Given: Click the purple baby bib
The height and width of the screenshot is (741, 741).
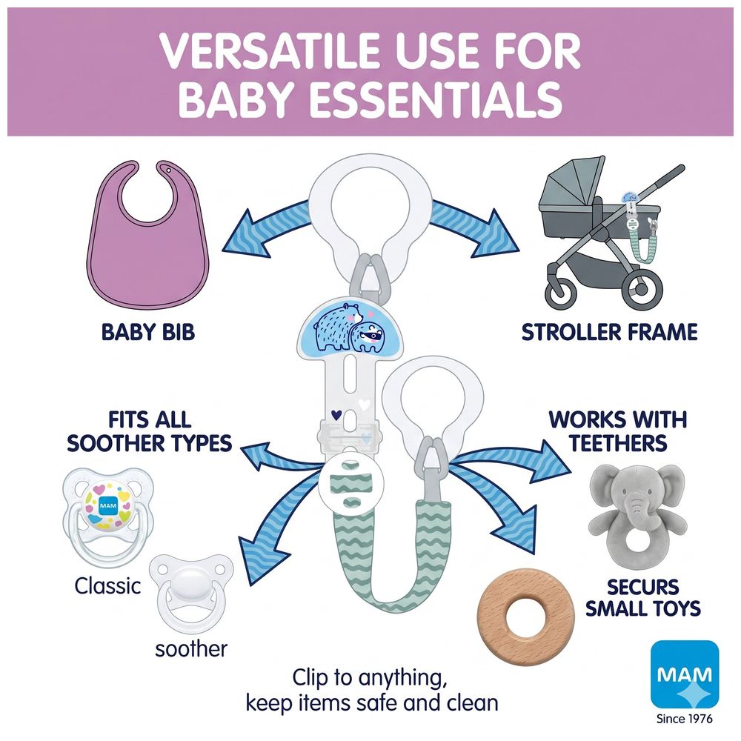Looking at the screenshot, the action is click(147, 265).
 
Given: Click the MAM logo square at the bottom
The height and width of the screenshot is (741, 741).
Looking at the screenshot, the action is click(685, 674).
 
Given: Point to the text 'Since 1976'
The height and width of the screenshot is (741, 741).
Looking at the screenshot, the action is click(685, 719).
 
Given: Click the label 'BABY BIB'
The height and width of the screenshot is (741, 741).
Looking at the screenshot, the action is click(148, 332).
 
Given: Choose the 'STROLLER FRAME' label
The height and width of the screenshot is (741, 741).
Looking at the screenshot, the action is click(610, 332).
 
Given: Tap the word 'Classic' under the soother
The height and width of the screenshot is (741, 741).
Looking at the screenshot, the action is click(107, 586).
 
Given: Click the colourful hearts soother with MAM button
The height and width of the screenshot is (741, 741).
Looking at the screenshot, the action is click(108, 516).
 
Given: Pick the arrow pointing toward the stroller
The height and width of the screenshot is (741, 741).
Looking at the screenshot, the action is click(474, 229).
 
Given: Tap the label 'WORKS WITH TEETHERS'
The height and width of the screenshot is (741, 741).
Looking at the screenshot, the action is click(618, 431).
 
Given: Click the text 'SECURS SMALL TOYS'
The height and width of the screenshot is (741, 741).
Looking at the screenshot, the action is click(643, 597).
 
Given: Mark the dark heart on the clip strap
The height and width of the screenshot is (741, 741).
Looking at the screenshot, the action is click(336, 415).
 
